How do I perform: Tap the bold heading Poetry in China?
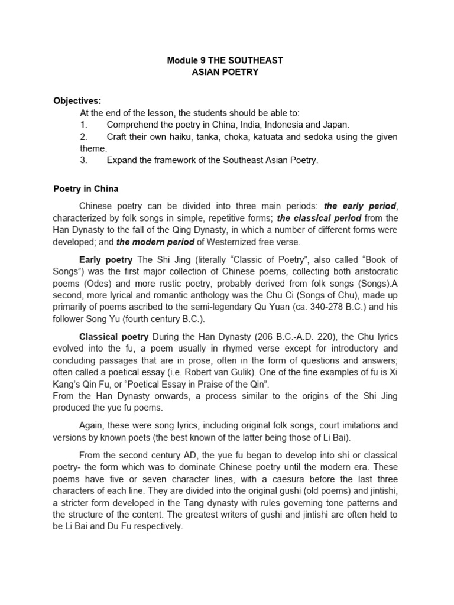click(86, 189)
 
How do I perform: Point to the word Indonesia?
click(285, 125)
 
